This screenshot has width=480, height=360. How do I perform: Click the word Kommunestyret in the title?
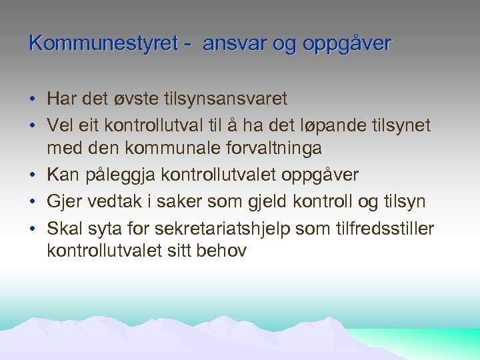coord(104,43)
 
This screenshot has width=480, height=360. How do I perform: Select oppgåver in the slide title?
coord(347,43)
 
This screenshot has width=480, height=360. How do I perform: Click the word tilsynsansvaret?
coord(231,99)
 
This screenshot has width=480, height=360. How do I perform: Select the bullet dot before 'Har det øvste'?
coord(33,100)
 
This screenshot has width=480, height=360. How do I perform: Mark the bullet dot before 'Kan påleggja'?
coord(33,175)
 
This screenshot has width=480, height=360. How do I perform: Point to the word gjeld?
coord(261,201)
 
